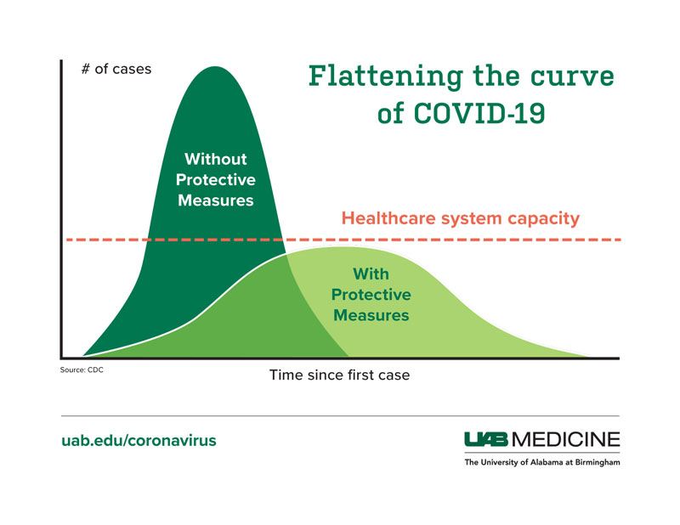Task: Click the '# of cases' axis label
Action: click(116, 69)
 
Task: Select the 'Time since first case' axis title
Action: click(339, 375)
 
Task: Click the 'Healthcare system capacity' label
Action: click(460, 218)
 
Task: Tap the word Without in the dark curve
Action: click(216, 159)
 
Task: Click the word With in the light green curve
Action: click(371, 274)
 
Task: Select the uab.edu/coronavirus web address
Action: click(139, 441)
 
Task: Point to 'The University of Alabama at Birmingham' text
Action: click(541, 463)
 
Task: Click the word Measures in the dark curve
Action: click(216, 201)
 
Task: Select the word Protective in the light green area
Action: click(371, 295)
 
